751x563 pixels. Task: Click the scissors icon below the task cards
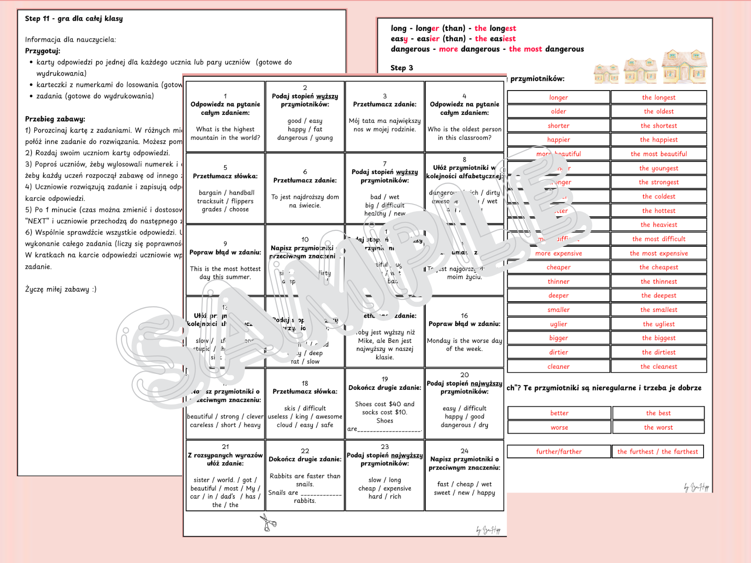click(268, 522)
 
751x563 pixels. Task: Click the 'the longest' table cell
click(659, 98)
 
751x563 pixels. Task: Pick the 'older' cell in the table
click(559, 112)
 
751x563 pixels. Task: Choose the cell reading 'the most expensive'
click(659, 253)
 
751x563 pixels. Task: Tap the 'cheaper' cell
click(559, 267)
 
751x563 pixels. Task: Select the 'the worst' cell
click(658, 427)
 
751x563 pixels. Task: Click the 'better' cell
click(559, 413)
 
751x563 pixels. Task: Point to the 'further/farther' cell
click(559, 452)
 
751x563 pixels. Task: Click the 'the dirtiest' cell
click(659, 352)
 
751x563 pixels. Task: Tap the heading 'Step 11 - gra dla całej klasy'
click(74, 19)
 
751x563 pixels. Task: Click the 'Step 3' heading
click(401, 68)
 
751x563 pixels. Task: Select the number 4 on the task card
click(464, 96)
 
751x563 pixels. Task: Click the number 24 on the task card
click(464, 451)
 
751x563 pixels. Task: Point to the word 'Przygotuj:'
click(43, 51)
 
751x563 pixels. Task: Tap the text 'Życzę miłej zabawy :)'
click(61, 289)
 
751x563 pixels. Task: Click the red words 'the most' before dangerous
click(525, 49)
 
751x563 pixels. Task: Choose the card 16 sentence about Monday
click(464, 345)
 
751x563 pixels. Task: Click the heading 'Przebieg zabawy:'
click(55, 119)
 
